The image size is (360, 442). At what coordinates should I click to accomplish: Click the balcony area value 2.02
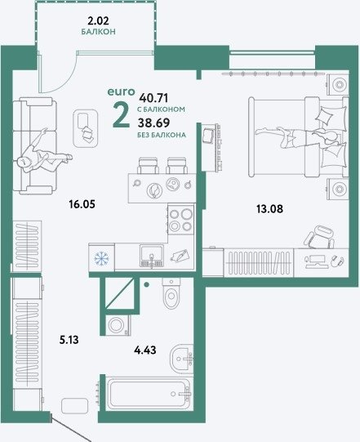[x=98, y=21]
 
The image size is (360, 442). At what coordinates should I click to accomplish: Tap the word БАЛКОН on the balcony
[x=98, y=32]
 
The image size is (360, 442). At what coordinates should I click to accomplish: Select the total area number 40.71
[x=154, y=98]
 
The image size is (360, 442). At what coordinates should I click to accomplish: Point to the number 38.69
[x=153, y=123]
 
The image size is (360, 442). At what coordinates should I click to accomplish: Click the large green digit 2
[x=121, y=115]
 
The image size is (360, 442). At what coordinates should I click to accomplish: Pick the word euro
[x=122, y=92]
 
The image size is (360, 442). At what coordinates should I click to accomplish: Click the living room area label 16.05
[x=82, y=204]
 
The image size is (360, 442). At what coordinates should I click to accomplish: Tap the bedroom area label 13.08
[x=269, y=209]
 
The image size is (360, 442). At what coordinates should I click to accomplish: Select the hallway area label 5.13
[x=69, y=340]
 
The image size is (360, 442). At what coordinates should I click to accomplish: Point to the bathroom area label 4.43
[x=145, y=350]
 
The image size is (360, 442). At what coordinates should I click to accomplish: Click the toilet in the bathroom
[x=171, y=292]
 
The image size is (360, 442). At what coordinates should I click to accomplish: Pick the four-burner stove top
[x=181, y=219]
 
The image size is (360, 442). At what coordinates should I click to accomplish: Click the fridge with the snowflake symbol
[x=101, y=257]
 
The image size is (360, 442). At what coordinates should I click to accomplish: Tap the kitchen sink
[x=152, y=256]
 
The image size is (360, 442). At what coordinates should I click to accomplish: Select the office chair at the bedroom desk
[x=320, y=237]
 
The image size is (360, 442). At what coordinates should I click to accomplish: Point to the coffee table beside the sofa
[x=86, y=128]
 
